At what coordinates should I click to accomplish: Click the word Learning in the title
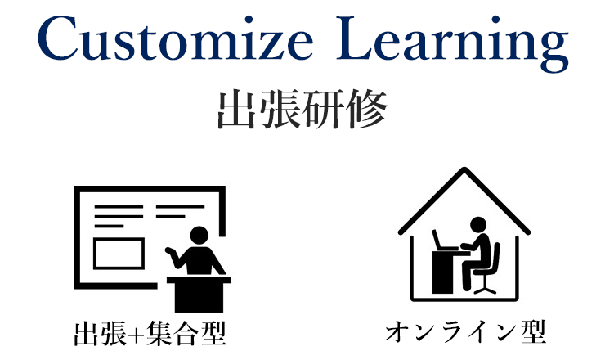click(452, 43)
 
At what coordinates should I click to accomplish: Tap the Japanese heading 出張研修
click(302, 109)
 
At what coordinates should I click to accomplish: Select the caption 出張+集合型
click(150, 333)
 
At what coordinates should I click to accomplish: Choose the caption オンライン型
click(466, 332)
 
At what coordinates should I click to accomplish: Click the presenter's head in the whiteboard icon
click(199, 236)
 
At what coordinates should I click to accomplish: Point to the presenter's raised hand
click(170, 251)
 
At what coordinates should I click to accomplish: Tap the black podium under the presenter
click(199, 295)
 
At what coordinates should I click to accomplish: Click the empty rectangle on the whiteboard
click(119, 254)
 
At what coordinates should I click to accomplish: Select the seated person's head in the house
click(478, 225)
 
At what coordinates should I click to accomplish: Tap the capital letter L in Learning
click(355, 38)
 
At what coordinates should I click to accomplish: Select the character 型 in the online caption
click(534, 332)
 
